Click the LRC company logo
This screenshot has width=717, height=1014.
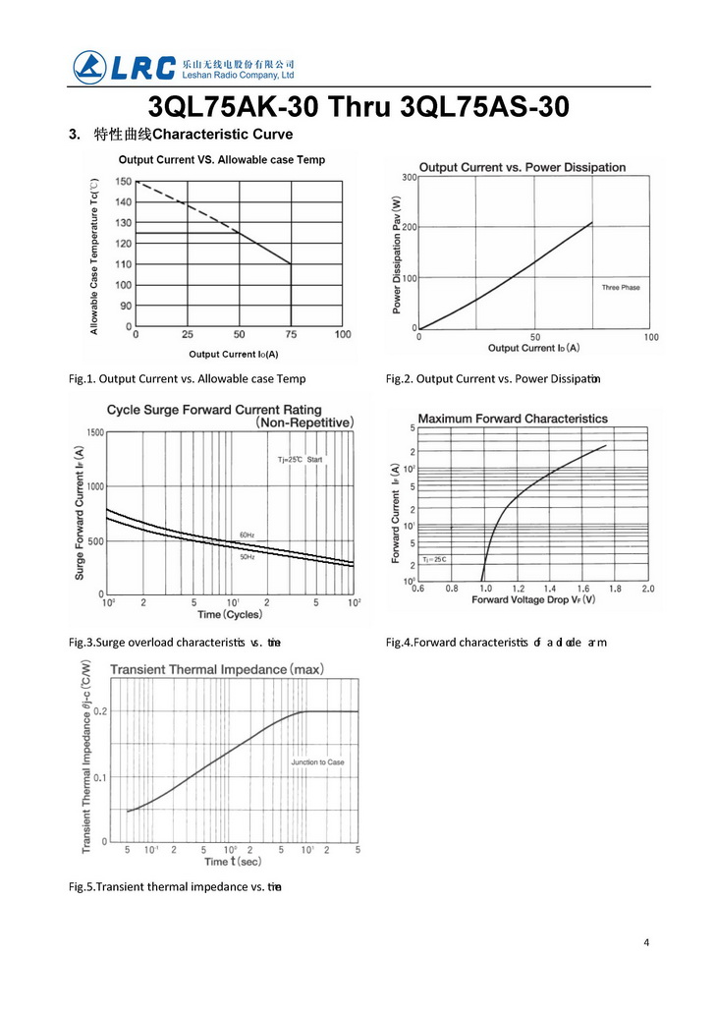(125, 66)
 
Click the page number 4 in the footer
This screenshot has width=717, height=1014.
(646, 943)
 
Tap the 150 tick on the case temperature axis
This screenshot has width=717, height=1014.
(123, 182)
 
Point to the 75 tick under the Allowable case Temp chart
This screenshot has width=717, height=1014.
(291, 335)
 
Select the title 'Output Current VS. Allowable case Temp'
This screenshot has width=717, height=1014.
(222, 159)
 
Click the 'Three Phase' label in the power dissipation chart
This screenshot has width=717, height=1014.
(621, 287)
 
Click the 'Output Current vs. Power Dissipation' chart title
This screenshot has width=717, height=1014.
(522, 167)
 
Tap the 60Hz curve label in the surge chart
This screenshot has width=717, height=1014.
(248, 535)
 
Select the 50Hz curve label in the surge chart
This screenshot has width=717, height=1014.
(248, 557)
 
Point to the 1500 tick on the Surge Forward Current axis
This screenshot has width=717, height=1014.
(94, 432)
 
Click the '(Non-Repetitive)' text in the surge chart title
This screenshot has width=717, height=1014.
(304, 422)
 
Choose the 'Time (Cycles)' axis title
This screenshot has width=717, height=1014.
(231, 614)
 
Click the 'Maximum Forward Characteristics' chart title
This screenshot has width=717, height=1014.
(513, 419)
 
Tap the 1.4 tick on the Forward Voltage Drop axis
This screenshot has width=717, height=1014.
(550, 589)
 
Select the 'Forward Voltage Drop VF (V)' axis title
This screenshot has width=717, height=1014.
(533, 599)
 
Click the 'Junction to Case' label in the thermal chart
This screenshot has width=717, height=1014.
(317, 762)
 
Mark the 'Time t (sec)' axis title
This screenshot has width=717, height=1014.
(233, 862)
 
